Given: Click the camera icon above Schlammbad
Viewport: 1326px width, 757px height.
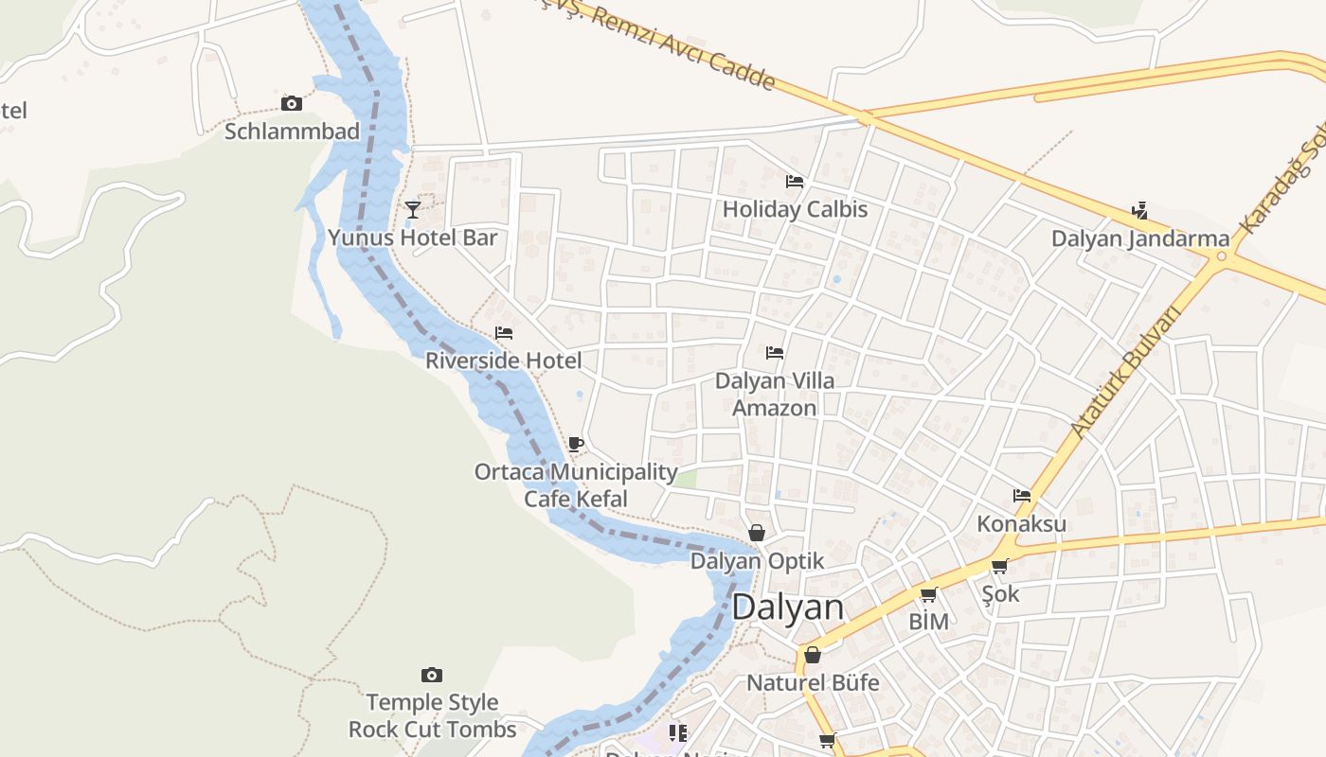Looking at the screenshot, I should click(292, 104).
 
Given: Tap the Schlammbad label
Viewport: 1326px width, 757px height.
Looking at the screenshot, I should click(292, 132).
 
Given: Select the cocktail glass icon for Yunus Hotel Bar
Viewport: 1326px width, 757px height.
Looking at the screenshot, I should click(412, 209).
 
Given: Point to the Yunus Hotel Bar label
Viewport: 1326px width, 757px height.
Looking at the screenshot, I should click(412, 238).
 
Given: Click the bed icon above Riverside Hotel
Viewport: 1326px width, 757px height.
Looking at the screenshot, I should click(504, 333).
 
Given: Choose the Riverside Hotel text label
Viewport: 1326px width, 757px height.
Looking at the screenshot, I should click(504, 361).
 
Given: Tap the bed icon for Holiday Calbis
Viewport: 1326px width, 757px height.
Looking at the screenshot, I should click(795, 181).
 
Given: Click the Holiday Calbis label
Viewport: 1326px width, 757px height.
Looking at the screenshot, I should click(795, 209).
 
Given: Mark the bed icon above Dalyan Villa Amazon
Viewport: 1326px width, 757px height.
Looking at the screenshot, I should click(775, 353).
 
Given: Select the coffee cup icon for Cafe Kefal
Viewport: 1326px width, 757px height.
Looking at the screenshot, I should click(576, 444).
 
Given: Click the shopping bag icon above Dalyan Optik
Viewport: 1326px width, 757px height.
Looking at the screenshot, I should click(757, 533).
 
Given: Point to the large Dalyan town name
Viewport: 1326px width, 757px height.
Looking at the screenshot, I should click(788, 607).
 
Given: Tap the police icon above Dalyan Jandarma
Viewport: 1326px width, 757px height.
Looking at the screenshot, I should click(1140, 210).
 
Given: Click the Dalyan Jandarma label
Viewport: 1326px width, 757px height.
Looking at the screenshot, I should click(1140, 238).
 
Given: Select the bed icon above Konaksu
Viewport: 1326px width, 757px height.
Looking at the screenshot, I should click(1021, 495).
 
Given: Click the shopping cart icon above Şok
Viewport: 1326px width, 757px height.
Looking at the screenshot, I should click(999, 566).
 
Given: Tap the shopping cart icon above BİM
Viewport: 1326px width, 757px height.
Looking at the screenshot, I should click(928, 594).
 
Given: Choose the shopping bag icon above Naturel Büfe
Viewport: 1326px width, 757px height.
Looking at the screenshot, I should click(813, 655).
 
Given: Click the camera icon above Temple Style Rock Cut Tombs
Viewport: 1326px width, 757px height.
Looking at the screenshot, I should click(432, 675).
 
